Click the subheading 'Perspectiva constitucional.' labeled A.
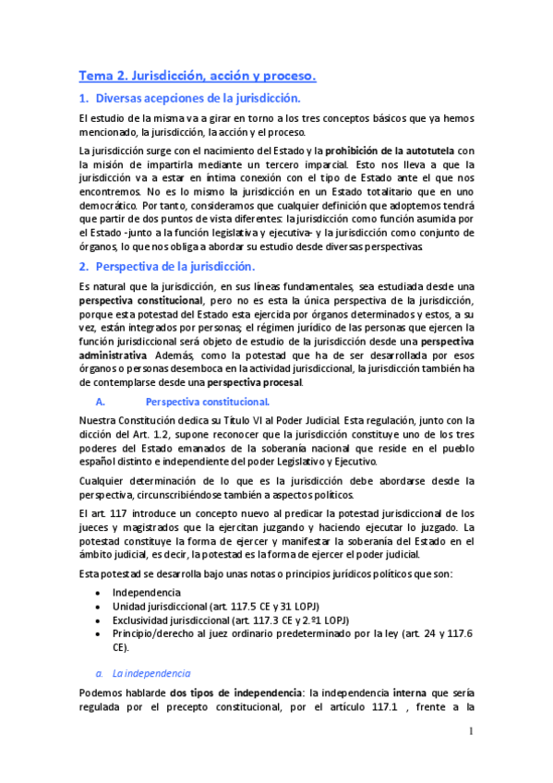pos(208,402)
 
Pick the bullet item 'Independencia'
pos(147,592)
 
